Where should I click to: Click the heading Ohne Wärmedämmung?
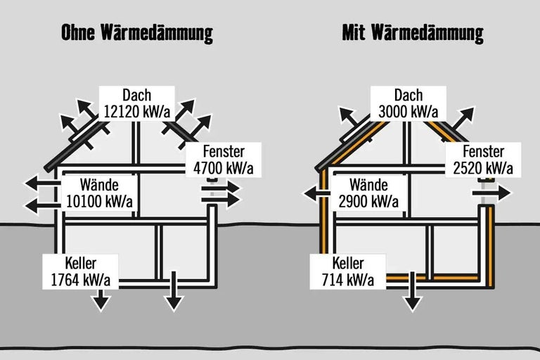(x=137, y=32)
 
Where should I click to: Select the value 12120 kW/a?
(x=137, y=111)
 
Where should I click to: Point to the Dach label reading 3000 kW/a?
(x=409, y=103)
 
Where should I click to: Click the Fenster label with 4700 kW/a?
(x=224, y=160)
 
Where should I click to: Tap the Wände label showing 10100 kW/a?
(x=98, y=194)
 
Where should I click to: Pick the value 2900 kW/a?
(x=368, y=202)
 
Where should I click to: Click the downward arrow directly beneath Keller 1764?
(x=101, y=300)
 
